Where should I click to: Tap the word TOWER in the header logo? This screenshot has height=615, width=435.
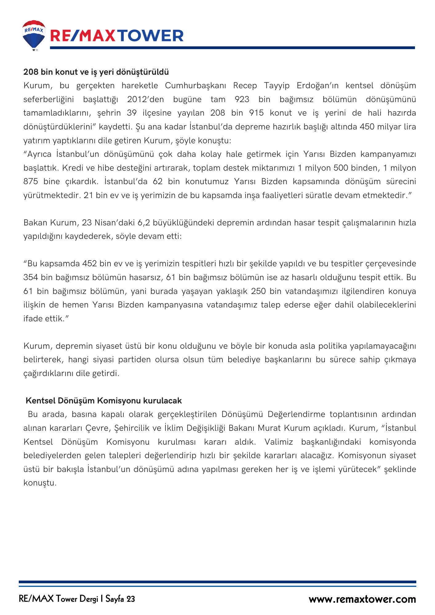click(151, 36)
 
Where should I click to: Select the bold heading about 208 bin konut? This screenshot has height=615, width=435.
click(96, 72)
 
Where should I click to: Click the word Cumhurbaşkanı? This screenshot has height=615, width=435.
click(195, 85)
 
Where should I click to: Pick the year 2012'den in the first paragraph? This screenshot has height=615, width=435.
click(145, 99)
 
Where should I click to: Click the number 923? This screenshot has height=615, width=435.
click(242, 99)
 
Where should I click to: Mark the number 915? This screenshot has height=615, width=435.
click(256, 113)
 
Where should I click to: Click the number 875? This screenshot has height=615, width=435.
click(30, 181)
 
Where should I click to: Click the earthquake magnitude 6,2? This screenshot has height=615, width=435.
click(144, 223)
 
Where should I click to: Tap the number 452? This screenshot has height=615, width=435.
click(90, 264)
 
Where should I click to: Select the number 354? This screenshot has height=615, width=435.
click(30, 277)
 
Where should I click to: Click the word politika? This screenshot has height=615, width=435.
click(333, 346)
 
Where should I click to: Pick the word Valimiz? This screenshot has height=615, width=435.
click(279, 442)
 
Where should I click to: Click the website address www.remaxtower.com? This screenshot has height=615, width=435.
click(362, 599)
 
